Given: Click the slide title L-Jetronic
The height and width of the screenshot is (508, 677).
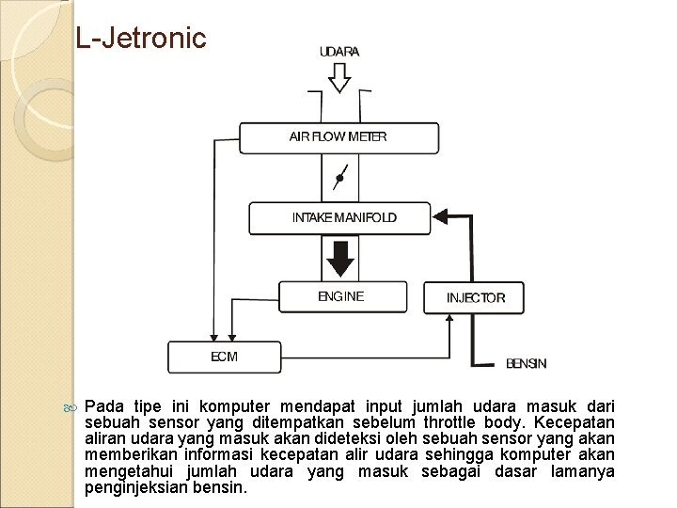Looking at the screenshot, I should [140, 38].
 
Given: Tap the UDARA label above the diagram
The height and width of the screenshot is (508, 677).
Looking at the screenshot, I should [339, 52].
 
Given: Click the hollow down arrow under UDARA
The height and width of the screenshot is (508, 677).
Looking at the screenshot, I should [339, 79].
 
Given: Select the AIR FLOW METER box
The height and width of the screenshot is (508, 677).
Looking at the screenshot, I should [338, 137].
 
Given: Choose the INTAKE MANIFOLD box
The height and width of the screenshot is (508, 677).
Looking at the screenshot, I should [338, 218].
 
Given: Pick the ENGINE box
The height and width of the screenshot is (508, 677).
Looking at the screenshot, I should [342, 296].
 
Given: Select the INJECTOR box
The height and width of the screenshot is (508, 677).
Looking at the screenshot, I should [474, 297].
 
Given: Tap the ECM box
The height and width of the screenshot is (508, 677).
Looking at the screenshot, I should [224, 357].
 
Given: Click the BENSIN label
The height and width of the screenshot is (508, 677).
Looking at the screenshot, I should [526, 363].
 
